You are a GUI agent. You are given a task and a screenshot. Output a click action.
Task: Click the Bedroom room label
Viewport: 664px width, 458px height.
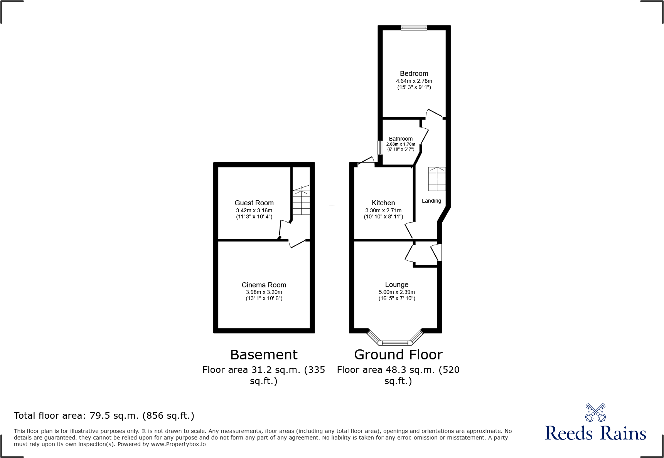[x=414, y=74]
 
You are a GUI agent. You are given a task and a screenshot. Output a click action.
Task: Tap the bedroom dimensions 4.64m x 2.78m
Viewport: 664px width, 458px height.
[x=414, y=81]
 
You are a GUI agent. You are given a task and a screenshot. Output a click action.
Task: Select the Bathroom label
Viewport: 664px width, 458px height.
[x=401, y=139]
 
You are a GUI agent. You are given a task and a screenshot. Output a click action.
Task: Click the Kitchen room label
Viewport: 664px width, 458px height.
[x=383, y=203]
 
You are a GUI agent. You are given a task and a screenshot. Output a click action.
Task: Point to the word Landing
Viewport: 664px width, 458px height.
[x=431, y=201]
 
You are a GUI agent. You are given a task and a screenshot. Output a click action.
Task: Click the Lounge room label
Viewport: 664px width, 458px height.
[x=396, y=285]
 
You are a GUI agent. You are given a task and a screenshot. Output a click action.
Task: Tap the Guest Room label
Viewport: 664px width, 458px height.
[x=254, y=203]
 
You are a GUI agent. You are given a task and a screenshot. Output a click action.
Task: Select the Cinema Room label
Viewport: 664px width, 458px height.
[x=264, y=285]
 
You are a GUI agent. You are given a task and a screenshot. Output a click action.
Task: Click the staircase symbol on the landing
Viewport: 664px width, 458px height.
[x=437, y=179]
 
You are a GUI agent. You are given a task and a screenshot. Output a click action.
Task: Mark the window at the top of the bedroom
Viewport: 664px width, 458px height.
[x=414, y=28]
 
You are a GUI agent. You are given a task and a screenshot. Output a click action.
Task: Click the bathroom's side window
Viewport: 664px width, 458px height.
[x=380, y=148]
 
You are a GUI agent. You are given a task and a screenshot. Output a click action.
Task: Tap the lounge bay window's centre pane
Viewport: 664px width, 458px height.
[x=394, y=342]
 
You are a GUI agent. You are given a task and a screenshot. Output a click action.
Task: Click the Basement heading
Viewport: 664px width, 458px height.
[x=264, y=355]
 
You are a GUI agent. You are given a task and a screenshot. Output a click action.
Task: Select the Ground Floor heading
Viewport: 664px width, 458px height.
[x=398, y=355]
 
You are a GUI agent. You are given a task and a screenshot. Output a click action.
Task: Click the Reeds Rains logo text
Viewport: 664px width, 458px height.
[x=595, y=433]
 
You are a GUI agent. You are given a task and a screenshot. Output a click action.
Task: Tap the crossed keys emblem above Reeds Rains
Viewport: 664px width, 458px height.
[x=595, y=413]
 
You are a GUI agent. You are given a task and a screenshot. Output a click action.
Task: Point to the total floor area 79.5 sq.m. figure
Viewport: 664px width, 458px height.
[x=114, y=416]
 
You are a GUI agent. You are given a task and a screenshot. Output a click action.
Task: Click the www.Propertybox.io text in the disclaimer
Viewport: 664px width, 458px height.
[x=178, y=444]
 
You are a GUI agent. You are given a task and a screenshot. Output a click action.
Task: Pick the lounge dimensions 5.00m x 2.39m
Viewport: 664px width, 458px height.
[x=396, y=292]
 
